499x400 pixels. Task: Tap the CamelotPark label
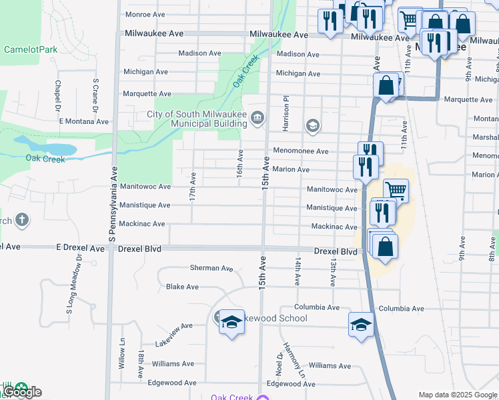point(31,49)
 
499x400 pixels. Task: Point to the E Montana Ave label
point(83,121)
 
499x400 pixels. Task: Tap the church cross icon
point(21,220)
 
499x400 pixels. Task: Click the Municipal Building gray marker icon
point(258,119)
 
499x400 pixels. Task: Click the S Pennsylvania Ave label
point(112,203)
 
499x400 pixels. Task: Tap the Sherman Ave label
point(211,268)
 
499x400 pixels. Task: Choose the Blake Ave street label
point(182,287)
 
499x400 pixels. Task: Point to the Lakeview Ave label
point(173,326)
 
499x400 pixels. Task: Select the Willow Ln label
point(122,363)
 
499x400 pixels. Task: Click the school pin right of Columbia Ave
point(361,325)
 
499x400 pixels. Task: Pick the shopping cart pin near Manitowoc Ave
point(396,191)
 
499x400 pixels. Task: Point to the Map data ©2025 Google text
point(457,394)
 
